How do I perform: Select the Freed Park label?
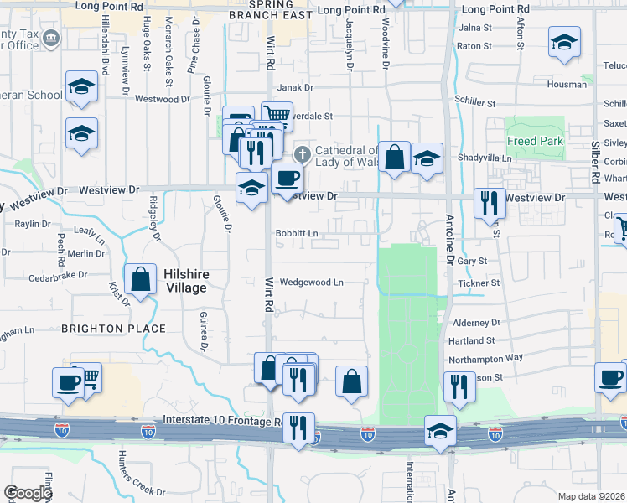(x=535, y=142)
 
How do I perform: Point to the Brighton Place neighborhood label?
(x=117, y=328)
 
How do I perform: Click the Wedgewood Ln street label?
(x=312, y=283)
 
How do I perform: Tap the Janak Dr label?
(x=294, y=86)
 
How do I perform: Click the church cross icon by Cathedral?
(x=302, y=154)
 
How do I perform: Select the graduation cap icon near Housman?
(x=565, y=42)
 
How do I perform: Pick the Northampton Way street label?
(x=485, y=357)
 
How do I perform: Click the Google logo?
(x=27, y=493)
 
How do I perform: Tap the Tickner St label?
(x=479, y=283)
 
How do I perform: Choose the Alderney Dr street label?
(x=475, y=322)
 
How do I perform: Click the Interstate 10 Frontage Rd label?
(x=222, y=425)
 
